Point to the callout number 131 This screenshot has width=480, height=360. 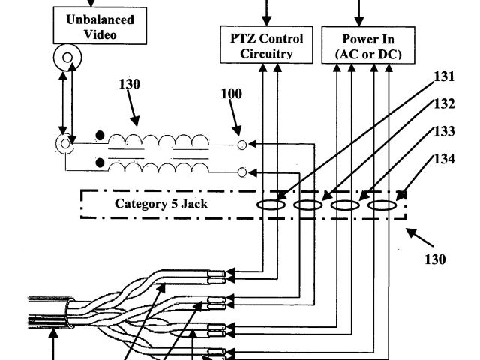pos(444,76)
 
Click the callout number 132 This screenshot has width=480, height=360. pos(444,104)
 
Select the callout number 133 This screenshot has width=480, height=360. pos(444,131)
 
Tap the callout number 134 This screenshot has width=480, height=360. pos(444,159)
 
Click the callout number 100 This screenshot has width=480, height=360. pos(232,95)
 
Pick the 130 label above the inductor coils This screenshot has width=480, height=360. pos(129,84)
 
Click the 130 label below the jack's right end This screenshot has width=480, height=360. pos(433,259)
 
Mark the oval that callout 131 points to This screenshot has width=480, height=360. pos(271,203)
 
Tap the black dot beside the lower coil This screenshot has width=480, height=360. pos(100,163)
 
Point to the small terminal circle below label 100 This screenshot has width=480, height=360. pos(241,144)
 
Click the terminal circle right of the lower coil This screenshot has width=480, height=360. pos(241,172)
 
